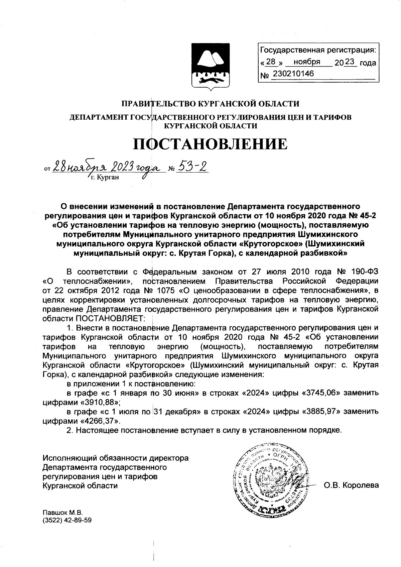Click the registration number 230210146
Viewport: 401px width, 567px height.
tap(293, 74)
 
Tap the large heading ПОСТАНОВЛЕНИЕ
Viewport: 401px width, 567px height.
tap(210, 144)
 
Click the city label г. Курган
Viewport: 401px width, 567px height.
tap(105, 177)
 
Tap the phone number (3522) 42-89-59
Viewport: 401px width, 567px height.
tap(67, 521)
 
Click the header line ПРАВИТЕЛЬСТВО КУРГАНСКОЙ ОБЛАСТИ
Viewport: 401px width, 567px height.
tap(210, 104)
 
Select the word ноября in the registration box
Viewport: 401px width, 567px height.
tap(306, 62)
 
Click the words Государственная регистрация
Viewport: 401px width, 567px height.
tap(317, 50)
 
